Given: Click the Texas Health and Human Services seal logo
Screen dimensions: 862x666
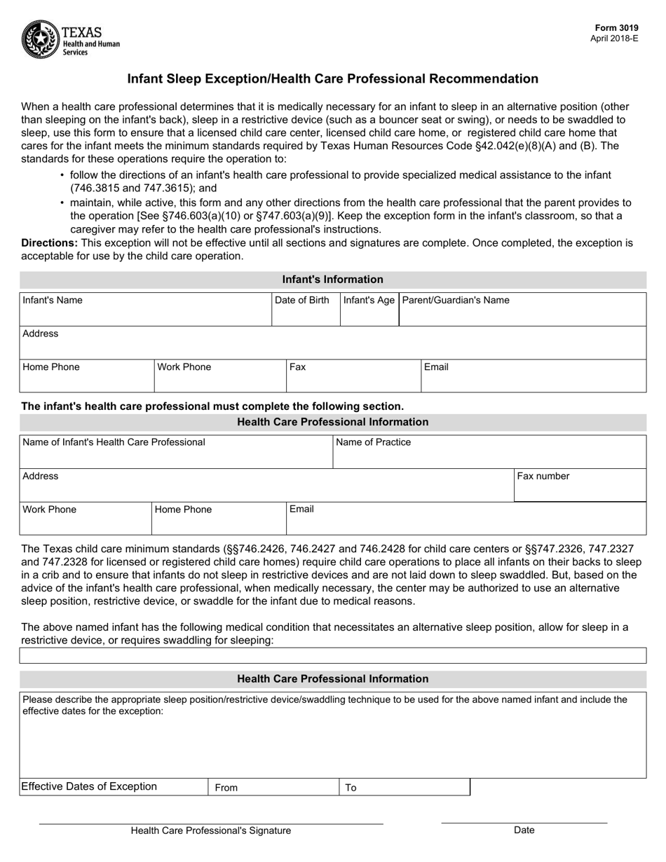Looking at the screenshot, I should pos(41,39).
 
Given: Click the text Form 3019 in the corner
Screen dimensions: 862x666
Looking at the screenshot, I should pos(623,29).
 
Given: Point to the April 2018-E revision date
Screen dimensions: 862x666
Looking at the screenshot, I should pos(614,39).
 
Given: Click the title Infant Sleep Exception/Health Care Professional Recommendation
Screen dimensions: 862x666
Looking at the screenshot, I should pos(332,79).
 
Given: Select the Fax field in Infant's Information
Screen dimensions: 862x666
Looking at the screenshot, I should pos(353,376).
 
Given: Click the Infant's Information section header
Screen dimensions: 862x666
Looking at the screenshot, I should pos(332,280).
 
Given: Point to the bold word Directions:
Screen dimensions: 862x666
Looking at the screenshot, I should pos(50,243).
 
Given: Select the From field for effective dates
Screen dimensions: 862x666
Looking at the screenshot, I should pos(273,788).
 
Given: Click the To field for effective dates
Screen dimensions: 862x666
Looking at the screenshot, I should pos(404,788).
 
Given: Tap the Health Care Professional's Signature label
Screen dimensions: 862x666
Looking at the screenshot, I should pos(210,830).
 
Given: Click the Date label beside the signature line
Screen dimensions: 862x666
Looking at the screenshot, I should pos(524,830).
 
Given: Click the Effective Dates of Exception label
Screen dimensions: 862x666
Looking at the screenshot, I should pos(89,786).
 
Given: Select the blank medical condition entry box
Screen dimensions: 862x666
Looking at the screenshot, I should pos(332,656).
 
